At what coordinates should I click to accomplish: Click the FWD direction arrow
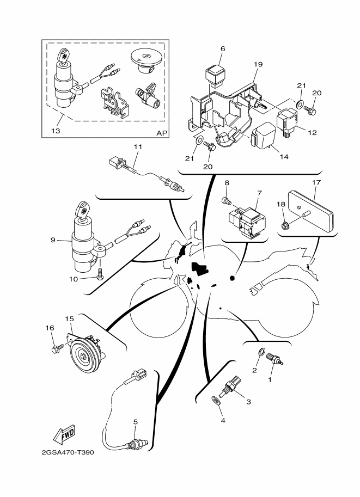pos(64,434)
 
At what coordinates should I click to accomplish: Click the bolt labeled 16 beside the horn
pos(57,346)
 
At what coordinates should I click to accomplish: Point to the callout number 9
pos(53,240)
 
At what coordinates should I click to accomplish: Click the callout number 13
pos(57,131)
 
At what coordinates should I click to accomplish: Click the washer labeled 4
pos(216,402)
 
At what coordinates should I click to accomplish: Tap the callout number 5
pos(135,421)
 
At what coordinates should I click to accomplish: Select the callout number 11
pos(137,146)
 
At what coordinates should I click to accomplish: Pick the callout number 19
pos(258,64)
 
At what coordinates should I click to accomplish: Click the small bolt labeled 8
pos(227,203)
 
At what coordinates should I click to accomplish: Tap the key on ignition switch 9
pos(83,210)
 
